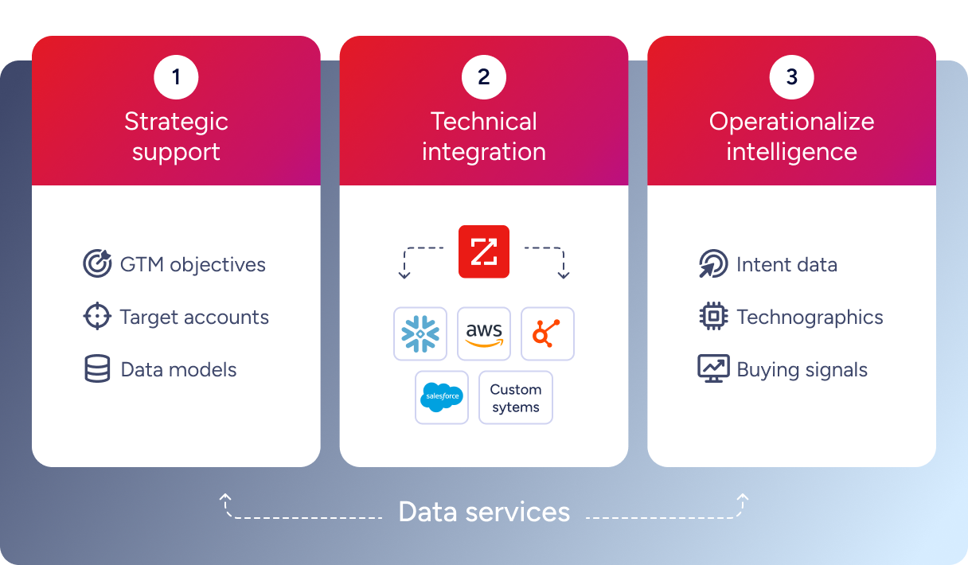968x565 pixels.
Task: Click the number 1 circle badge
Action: coord(176,77)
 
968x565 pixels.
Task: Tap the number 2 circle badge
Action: coord(484,77)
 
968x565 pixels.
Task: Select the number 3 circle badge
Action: coord(791,77)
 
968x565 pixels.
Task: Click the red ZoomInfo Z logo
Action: coord(484,251)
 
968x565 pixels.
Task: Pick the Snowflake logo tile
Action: coord(420,333)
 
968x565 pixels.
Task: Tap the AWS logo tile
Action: coord(484,333)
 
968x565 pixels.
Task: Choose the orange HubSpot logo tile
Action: coord(548,333)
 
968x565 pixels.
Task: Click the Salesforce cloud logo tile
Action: coord(442,397)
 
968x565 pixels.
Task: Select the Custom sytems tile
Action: coord(516,397)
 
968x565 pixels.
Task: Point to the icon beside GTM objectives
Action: coord(97,264)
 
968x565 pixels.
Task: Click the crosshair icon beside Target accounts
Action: coord(97,317)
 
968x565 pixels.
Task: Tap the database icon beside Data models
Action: coord(97,369)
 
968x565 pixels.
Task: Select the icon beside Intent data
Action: coord(712,264)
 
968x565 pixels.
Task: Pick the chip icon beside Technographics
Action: coord(712,317)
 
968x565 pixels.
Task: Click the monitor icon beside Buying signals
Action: coord(712,369)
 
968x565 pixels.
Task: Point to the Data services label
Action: coord(484,512)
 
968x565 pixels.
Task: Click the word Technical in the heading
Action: coord(484,122)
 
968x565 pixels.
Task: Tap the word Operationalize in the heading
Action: coord(791,122)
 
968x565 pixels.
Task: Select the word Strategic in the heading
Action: coord(176,122)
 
